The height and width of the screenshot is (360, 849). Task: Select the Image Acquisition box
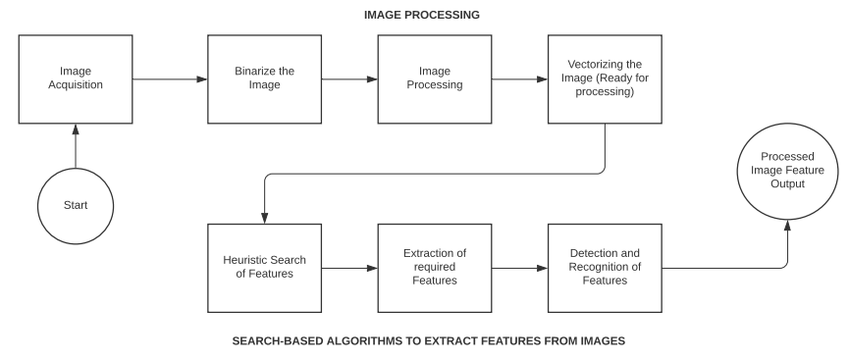coord(76,78)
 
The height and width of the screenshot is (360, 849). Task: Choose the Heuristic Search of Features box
coord(265,266)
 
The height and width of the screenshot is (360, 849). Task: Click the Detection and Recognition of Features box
coord(605,266)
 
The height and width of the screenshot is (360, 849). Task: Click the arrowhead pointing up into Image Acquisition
coord(76,129)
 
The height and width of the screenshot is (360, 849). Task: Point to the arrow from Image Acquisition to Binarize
coord(169,78)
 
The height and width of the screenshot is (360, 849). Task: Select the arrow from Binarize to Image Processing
coord(349,78)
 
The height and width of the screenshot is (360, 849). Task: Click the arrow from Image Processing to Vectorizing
coord(519,78)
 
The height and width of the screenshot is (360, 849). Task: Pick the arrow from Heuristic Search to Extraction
coord(349,266)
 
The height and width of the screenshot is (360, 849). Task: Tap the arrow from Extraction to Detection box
coord(519,266)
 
